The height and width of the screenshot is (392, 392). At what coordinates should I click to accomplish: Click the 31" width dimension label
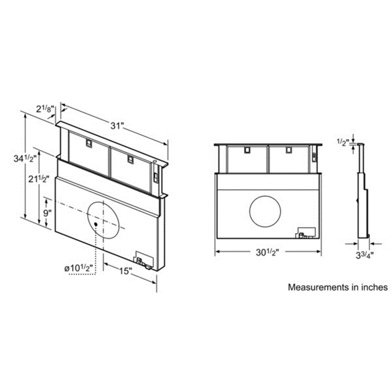tap(117, 126)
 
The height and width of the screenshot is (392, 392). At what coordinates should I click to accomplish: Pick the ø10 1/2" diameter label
tap(79, 269)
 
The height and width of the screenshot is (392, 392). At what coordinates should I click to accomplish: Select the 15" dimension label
tap(125, 271)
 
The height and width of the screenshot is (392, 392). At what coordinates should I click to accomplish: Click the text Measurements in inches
tap(338, 287)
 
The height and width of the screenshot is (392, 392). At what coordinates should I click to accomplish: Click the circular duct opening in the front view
tap(265, 211)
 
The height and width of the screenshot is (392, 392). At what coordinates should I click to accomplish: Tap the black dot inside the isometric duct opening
tap(96, 224)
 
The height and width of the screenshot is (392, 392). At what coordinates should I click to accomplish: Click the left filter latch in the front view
tap(247, 149)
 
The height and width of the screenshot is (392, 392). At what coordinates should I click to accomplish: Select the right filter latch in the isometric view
tap(129, 159)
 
